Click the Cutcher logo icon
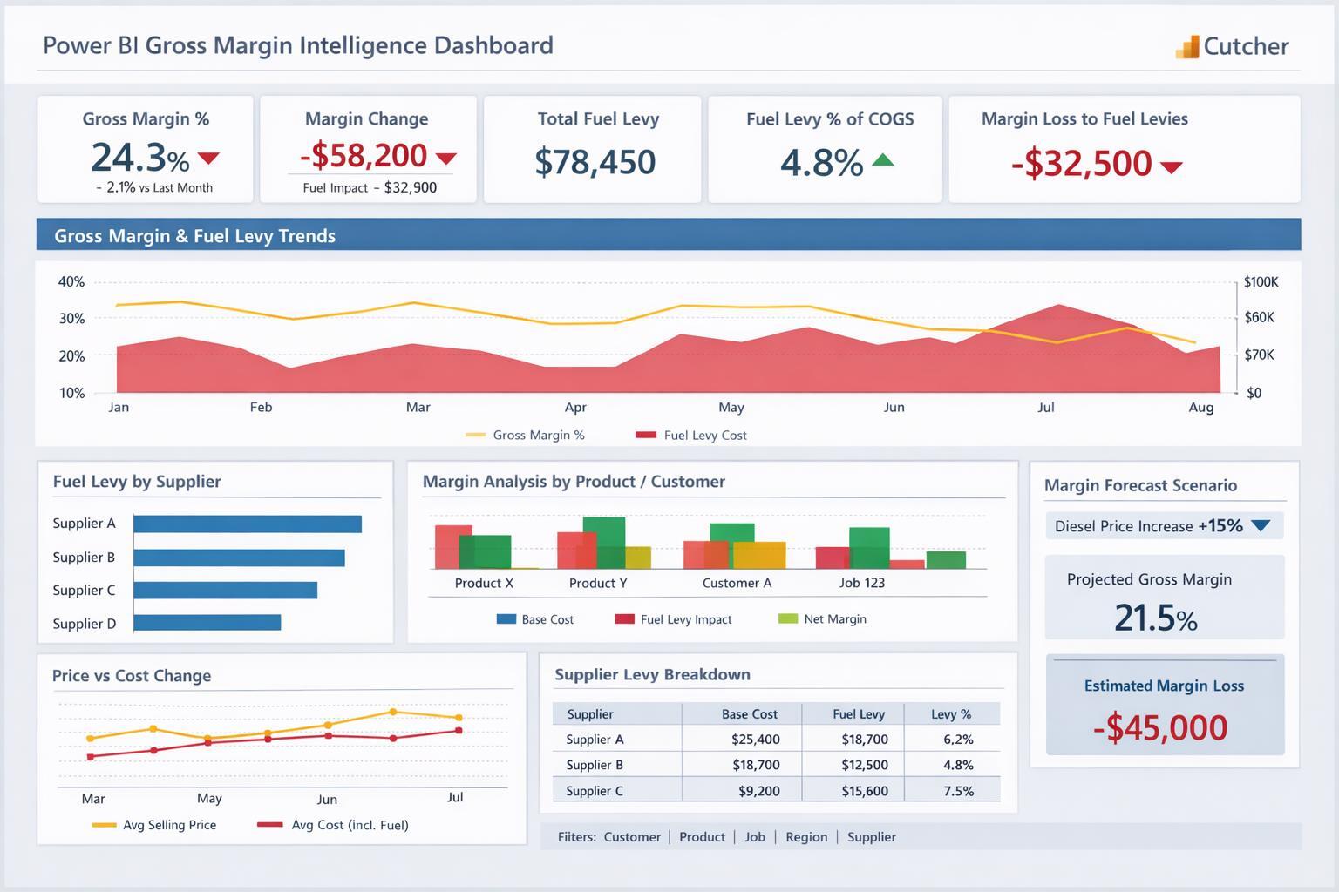1187,47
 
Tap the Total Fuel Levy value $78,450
595,162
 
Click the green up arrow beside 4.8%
882,159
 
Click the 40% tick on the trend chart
71,282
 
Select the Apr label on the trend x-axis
575,407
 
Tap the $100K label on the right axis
1261,282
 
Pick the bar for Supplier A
248,524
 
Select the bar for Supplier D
207,622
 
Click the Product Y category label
598,583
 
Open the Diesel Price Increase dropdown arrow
1261,525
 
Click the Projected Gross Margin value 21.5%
1155,618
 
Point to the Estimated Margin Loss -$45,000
1159,727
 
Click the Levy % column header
950,714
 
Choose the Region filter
806,837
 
